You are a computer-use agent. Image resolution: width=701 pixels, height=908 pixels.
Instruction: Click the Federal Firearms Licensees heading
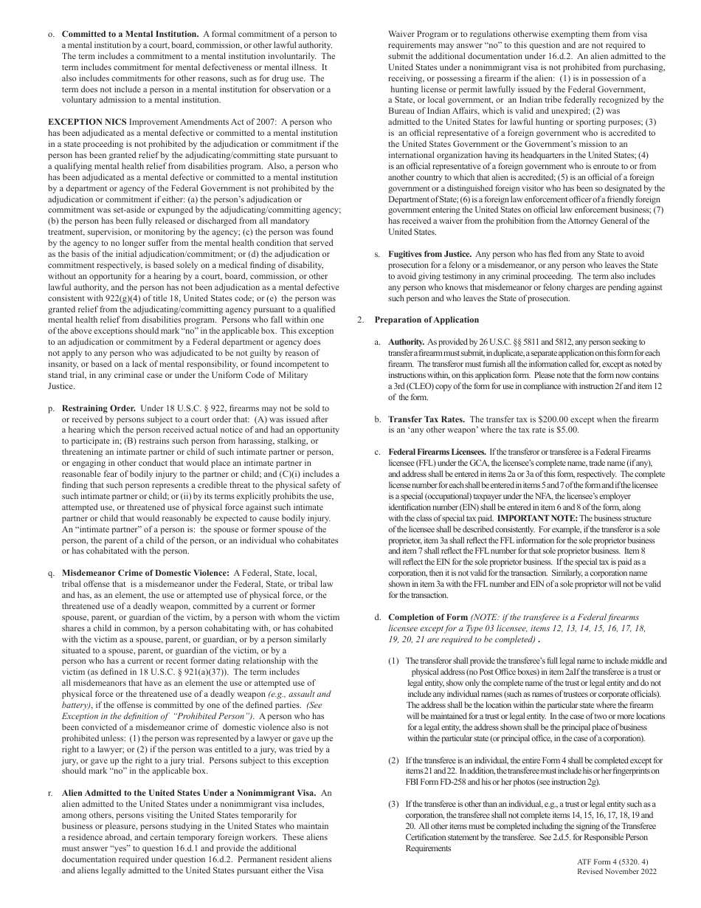pos(436,451)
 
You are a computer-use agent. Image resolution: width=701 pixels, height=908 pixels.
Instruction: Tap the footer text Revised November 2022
pos(616,872)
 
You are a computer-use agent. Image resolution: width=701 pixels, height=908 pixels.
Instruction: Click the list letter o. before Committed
pos(50,34)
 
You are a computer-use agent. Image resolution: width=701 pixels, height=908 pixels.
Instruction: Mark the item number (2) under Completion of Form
pos(394,760)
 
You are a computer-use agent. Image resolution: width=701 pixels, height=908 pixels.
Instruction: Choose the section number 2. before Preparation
pos(361,320)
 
